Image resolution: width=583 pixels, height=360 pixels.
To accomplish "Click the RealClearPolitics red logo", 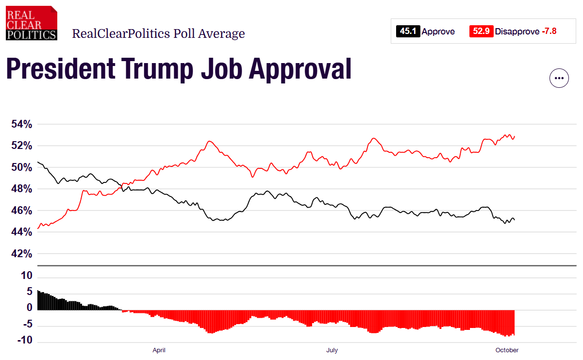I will (32, 23).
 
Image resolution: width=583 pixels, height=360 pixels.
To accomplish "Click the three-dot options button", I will (559, 78).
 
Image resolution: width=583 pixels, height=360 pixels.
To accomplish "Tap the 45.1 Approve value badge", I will (407, 32).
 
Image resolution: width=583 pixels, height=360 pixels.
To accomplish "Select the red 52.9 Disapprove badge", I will (481, 32).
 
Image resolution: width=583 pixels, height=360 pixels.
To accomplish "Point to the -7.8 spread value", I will (549, 32).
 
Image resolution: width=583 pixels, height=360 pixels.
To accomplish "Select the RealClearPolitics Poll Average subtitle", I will (158, 33).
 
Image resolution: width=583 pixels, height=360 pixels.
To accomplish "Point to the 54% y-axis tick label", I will (22, 124).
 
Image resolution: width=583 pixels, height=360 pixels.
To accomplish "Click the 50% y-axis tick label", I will (22, 167).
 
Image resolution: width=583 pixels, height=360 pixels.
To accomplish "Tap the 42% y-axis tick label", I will (22, 254).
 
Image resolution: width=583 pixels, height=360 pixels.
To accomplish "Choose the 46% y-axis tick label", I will (22, 211).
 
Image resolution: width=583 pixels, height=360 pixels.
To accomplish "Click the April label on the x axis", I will (159, 350).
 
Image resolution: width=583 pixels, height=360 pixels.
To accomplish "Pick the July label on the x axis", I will (332, 350).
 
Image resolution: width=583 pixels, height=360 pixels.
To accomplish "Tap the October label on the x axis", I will (507, 350).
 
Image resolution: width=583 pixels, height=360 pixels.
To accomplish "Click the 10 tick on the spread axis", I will (27, 276).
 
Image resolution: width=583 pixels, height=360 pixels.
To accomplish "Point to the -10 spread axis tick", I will (25, 341).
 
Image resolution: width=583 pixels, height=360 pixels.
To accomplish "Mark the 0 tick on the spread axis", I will (29, 308).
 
